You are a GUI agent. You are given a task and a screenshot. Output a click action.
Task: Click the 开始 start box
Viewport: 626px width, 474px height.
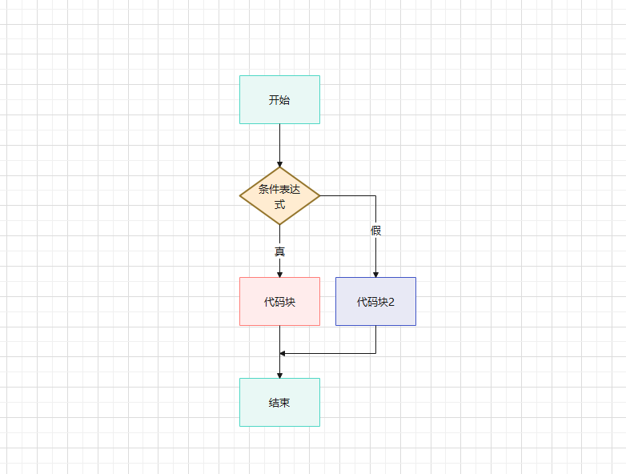click(279, 88)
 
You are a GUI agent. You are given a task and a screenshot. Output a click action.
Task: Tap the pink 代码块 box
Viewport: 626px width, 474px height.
click(279, 314)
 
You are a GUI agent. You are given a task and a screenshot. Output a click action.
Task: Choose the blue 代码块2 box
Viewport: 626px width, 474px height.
click(375, 314)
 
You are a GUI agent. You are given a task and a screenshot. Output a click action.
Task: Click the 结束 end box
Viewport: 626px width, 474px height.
click(279, 415)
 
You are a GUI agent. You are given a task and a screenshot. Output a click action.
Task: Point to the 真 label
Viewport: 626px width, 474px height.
click(279, 251)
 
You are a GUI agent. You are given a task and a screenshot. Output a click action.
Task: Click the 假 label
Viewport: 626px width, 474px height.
click(375, 231)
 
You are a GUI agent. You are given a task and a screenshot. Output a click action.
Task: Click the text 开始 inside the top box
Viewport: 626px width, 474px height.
click(279, 100)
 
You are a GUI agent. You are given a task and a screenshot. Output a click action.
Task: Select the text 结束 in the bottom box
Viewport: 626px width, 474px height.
click(279, 402)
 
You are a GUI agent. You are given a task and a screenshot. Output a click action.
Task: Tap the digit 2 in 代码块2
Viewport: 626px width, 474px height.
click(391, 302)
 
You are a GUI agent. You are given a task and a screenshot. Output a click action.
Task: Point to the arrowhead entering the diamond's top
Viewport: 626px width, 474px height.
click(279, 163)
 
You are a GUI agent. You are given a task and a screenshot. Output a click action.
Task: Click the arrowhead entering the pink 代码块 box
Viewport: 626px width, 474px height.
click(279, 274)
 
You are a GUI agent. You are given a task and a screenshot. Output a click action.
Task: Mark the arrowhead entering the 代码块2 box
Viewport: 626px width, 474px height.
click(375, 274)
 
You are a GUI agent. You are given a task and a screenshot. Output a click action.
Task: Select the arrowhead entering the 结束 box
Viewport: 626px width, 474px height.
click(279, 375)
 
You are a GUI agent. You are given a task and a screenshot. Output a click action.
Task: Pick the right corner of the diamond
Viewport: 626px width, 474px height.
click(319, 195)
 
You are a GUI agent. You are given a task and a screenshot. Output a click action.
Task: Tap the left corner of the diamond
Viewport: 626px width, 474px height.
click(241, 195)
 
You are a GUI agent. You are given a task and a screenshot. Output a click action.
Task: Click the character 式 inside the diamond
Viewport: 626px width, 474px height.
click(279, 203)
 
